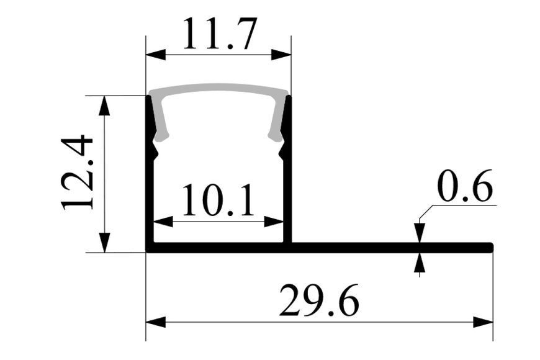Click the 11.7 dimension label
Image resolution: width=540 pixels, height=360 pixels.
click(x=220, y=34)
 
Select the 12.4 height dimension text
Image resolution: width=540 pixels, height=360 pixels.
click(x=77, y=173)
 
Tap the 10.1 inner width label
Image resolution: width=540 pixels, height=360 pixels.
click(x=218, y=199)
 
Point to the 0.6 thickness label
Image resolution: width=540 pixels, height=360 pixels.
click(x=464, y=186)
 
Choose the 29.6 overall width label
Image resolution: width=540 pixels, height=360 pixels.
click(x=319, y=300)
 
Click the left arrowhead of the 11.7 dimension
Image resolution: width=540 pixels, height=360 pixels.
click(x=156, y=55)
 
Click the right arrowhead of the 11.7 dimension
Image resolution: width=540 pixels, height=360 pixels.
click(x=281, y=55)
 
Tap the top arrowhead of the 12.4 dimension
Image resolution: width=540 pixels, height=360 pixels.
click(x=104, y=106)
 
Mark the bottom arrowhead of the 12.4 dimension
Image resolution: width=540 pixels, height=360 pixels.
click(x=104, y=243)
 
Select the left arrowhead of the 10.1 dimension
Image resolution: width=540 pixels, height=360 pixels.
click(x=163, y=222)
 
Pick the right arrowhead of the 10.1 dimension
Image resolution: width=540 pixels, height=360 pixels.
click(x=274, y=222)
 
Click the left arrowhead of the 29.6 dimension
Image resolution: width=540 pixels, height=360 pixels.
click(x=156, y=323)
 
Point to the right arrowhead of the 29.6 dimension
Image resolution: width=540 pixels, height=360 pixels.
click(x=483, y=323)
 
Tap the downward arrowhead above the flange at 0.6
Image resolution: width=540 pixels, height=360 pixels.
click(x=420, y=233)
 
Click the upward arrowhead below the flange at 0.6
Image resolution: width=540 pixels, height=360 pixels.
click(x=420, y=263)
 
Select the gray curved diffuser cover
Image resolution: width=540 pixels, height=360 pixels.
click(x=218, y=88)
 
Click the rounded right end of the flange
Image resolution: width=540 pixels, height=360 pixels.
click(x=491, y=248)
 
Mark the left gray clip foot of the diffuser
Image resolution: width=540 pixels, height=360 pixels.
click(x=161, y=137)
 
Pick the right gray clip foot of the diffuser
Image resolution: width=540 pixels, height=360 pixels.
click(x=276, y=137)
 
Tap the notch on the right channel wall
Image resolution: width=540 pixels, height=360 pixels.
click(x=282, y=151)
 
